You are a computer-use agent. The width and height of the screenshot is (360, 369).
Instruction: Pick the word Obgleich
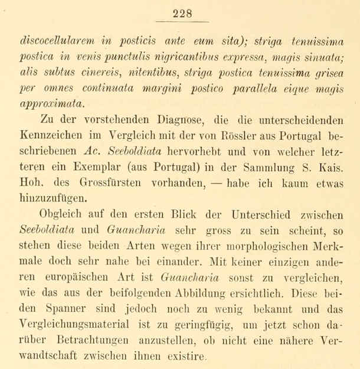point(61,215)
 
